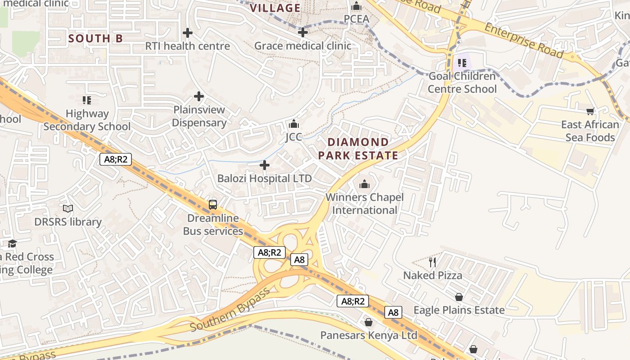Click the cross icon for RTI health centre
[x=188, y=33]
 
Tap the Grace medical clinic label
[x=302, y=46]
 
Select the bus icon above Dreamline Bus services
[x=213, y=205]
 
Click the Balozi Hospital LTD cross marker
[x=265, y=166]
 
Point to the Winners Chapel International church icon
[x=364, y=184]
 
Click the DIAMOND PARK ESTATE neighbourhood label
[x=358, y=149]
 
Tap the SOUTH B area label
[x=95, y=39]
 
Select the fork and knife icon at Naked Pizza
[x=432, y=262]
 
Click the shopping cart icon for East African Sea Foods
[x=590, y=111]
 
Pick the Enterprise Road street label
[x=523, y=40]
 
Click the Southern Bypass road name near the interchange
[x=230, y=309]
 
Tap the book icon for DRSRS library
[x=68, y=209]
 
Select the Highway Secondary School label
[x=87, y=120]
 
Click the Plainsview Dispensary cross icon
[x=199, y=96]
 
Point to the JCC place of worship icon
[x=294, y=123]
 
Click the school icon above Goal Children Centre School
[x=462, y=63]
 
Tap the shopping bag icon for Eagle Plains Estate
[x=459, y=297]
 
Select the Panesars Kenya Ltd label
[x=369, y=335]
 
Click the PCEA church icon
[x=356, y=6]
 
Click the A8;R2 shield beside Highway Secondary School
[x=115, y=159]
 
